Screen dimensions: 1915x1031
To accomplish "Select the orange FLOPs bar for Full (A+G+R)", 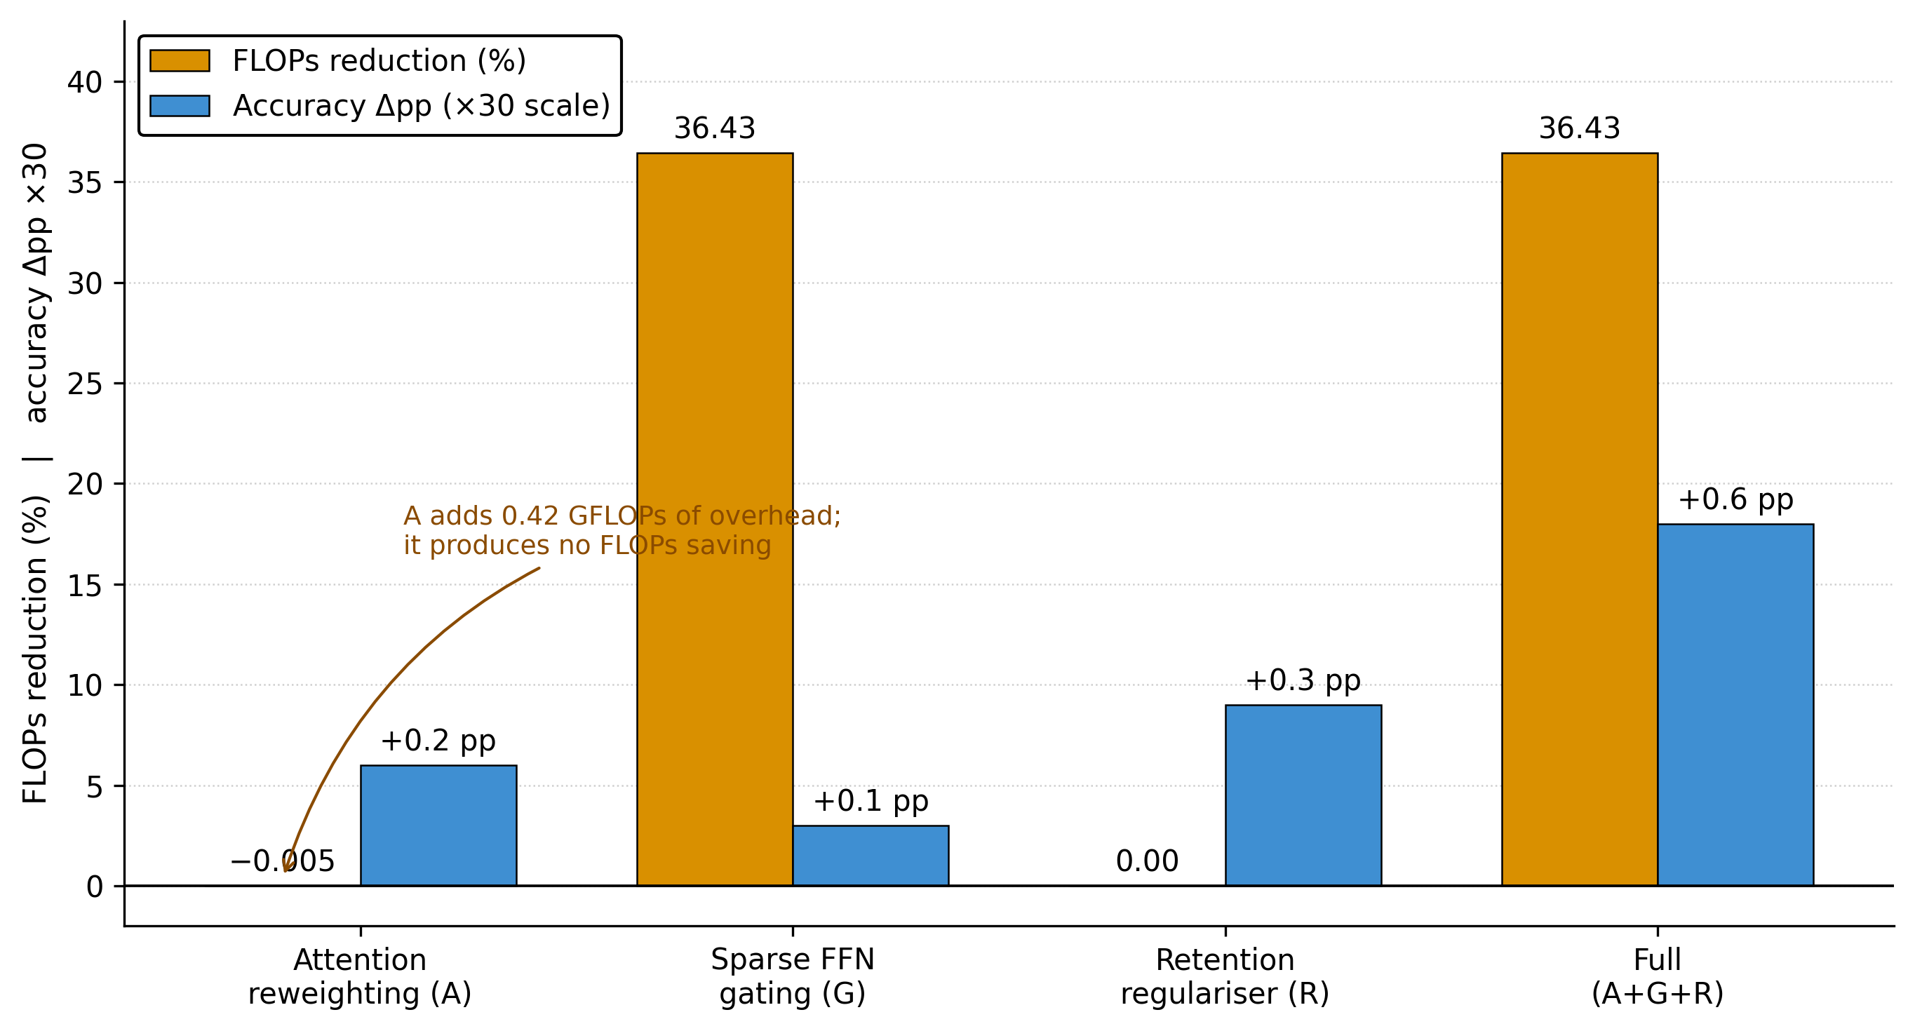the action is pos(1580,519).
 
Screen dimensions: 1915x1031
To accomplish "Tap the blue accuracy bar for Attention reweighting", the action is pos(438,825).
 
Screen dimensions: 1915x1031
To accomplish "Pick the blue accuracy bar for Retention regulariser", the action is pos(1303,795).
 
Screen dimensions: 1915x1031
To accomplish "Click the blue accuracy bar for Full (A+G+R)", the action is pos(1736,705).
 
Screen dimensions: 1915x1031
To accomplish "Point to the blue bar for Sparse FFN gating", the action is pos(871,856).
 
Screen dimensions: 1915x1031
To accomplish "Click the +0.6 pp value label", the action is pos(1736,499).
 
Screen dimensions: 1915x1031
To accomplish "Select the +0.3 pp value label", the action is pos(1303,681).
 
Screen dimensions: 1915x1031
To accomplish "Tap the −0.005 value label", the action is pos(283,861).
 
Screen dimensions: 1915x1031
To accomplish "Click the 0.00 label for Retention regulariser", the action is pos(1147,861).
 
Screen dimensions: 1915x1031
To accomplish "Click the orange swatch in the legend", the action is pos(180,61).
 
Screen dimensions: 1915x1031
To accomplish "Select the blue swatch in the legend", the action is pos(180,105).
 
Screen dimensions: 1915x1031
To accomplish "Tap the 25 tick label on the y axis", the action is pos(85,384).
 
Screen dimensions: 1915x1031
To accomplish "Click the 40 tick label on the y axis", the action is pos(85,83).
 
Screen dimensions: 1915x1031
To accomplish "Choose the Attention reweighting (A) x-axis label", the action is pos(361,977).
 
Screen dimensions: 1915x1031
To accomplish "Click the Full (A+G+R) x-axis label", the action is pos(1658,977).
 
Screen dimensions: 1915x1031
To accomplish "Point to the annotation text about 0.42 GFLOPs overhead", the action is pos(622,531).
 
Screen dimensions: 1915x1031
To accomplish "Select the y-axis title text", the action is pos(35,473).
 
